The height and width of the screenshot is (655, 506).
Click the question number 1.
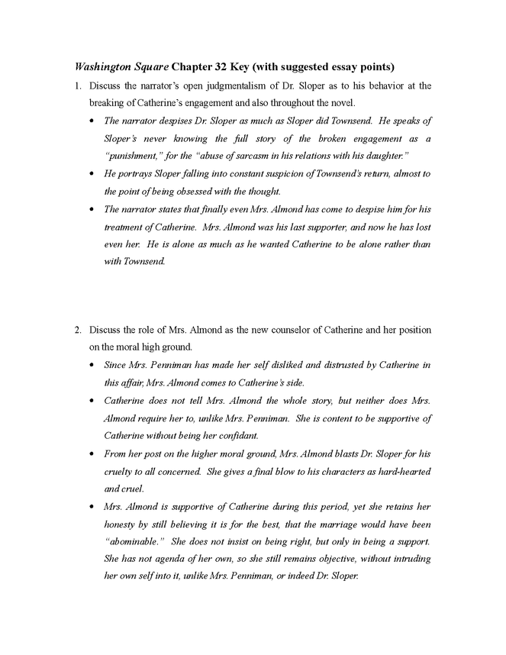click(x=77, y=86)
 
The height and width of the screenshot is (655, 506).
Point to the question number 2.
click(x=77, y=330)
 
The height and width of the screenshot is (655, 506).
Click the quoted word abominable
click(x=134, y=541)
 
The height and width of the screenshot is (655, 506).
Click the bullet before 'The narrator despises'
click(x=92, y=121)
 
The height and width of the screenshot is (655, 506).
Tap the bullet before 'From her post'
click(x=92, y=453)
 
